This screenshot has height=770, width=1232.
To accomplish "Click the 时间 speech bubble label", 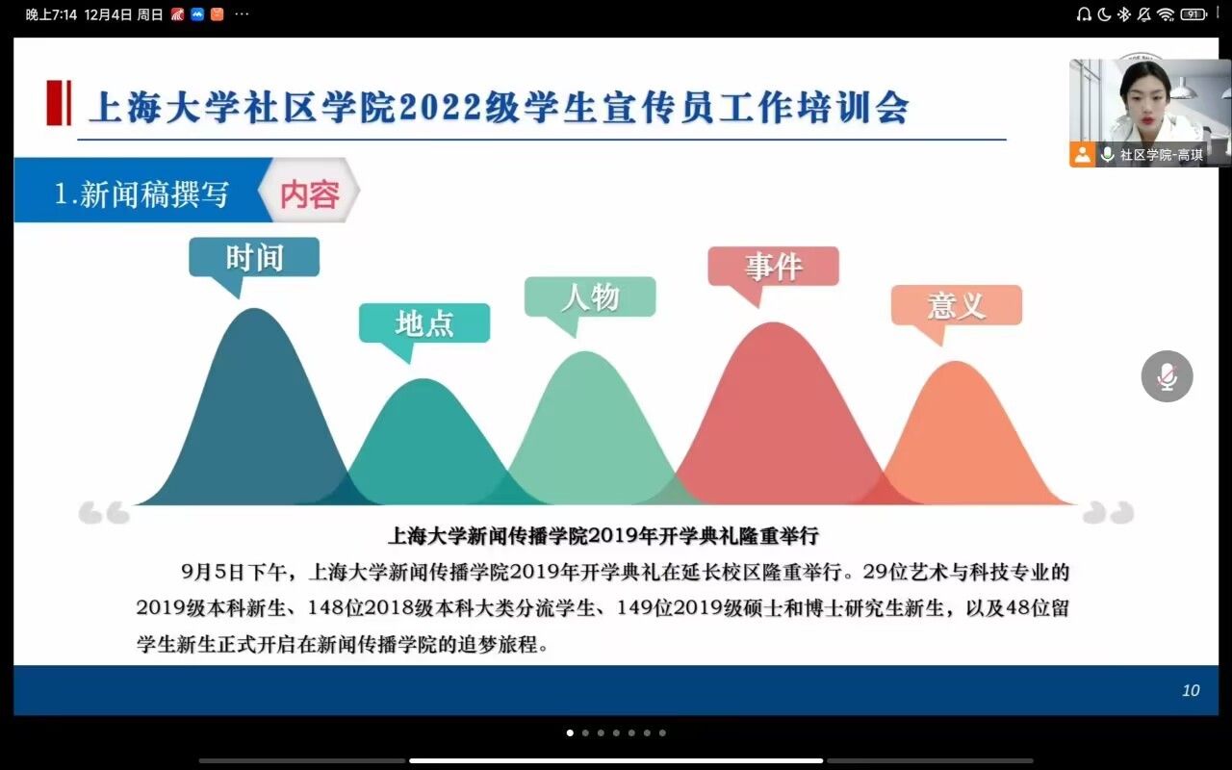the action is coord(253,257).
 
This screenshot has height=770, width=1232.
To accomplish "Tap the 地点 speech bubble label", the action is coord(424,322).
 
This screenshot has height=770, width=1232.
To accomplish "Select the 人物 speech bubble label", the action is coord(590,297).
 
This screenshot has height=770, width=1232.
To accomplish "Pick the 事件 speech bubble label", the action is coord(773,267).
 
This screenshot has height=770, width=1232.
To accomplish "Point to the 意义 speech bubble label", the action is coord(957,305).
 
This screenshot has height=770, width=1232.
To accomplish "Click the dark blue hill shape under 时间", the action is coord(255,418).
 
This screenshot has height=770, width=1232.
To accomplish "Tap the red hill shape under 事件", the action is coord(773,423).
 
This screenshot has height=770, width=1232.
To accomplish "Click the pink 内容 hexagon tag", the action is coord(309,191).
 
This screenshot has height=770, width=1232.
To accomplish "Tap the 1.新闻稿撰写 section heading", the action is coord(141,194).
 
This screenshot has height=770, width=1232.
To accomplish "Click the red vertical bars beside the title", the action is coord(59,103).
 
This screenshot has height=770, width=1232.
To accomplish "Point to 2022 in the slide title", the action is coord(441,107).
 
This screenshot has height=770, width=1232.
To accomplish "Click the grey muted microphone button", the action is coord(1167,376).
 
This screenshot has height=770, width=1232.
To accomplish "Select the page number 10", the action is coord(1191,690).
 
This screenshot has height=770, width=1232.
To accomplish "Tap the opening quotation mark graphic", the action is coord(104,513).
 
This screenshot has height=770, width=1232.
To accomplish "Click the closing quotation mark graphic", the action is coord(1108,513).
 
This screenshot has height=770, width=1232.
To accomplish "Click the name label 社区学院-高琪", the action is coord(1161,155).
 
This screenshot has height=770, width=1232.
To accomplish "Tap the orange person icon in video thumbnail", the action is coord(1083,155).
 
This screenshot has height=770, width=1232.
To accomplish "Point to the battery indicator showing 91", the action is coord(1193,14).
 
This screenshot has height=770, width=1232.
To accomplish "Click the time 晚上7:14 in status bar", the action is coord(51,14).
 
